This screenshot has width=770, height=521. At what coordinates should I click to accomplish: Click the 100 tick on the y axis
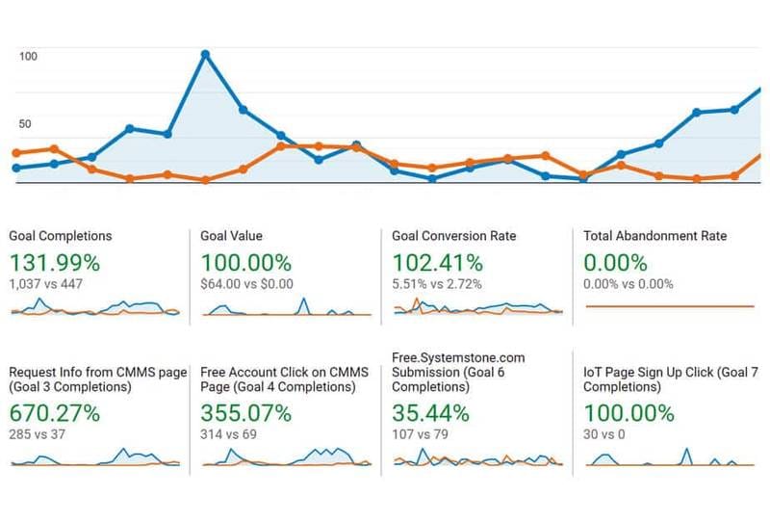[x=28, y=56]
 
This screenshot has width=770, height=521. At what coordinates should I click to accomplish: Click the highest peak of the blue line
[x=205, y=54]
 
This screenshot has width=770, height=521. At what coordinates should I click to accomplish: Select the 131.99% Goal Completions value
[x=54, y=262]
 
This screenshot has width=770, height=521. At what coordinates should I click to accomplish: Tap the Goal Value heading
[x=231, y=236]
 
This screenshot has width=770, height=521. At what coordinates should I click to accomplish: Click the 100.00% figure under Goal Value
[x=245, y=262]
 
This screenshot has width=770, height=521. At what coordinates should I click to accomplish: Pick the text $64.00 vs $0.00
[x=246, y=284]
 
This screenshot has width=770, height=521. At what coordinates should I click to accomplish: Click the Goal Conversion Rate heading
[x=454, y=236]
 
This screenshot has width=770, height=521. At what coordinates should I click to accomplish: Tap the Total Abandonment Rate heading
[x=655, y=236]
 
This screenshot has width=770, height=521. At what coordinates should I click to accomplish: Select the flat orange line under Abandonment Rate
[x=670, y=306]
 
